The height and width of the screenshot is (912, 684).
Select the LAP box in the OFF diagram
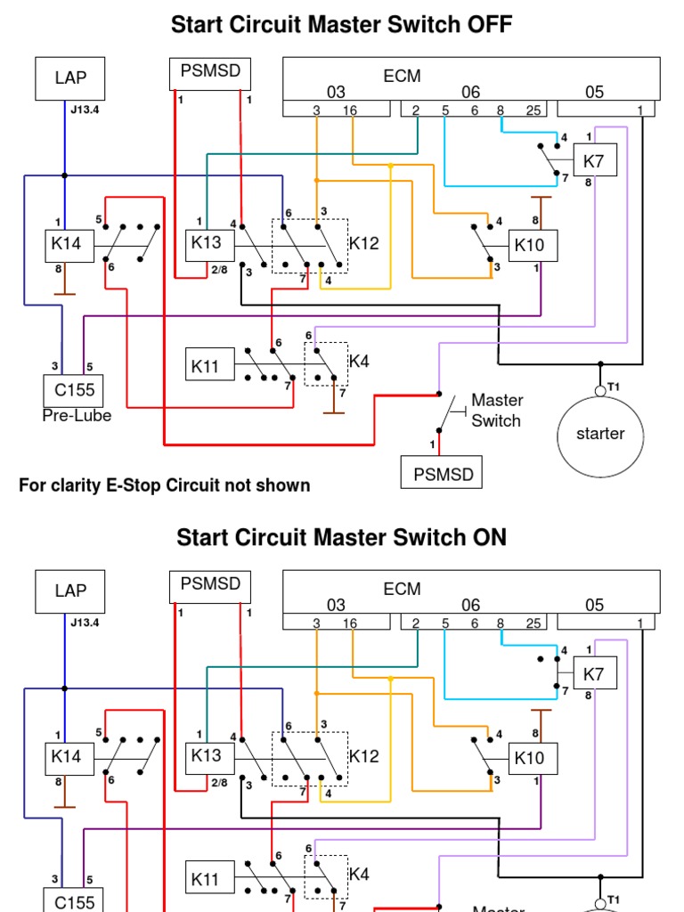coord(70,77)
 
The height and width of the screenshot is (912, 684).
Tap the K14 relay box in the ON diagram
coord(67,756)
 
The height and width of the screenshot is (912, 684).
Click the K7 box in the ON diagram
coord(594,674)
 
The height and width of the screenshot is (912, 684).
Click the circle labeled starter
coord(600,434)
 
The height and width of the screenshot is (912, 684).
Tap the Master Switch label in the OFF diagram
coord(497,411)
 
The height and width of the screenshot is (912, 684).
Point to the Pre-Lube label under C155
coord(77,416)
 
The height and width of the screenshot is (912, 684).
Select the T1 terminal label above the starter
coord(614,386)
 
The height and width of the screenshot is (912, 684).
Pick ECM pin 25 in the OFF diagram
coord(533,110)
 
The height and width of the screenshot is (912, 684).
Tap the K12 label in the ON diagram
coord(364,756)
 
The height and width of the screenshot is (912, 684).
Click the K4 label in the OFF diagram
coord(360,361)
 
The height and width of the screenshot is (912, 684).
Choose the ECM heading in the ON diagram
coord(402,589)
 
